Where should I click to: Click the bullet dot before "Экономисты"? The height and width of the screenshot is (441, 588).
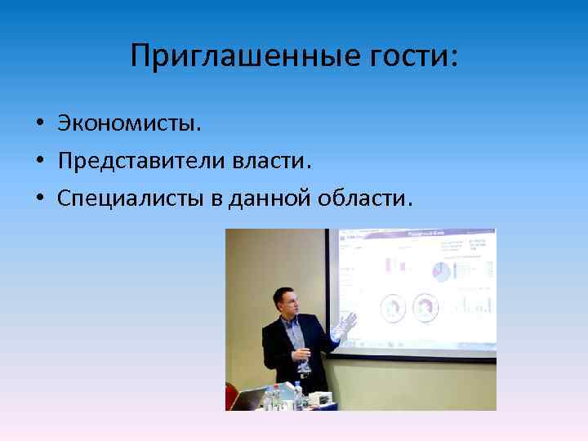point(39,124)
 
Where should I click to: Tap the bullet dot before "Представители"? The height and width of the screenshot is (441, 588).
point(39,162)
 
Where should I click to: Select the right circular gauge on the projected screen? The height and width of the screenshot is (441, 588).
point(425,307)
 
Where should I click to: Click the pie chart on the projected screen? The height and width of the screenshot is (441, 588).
point(441,272)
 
